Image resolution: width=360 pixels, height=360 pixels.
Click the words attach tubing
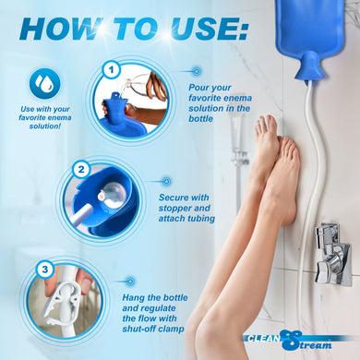pyautogui.click(x=186, y=220)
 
